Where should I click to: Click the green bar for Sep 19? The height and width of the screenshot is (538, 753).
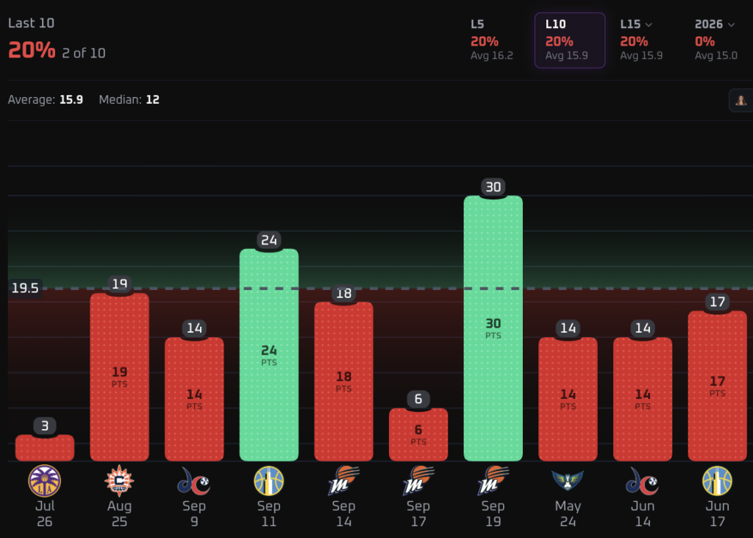coord(493,328)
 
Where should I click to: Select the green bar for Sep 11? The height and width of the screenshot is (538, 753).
coord(269,355)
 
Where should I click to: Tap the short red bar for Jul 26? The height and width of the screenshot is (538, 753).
coord(45,448)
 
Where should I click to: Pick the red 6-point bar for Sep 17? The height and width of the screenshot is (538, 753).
coord(418,435)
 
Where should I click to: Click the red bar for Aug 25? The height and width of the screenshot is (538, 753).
coord(120,377)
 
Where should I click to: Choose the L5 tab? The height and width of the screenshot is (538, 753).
coord(492,40)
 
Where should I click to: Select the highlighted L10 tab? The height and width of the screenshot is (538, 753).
coord(570,40)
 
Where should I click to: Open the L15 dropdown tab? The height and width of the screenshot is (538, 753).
coord(641,40)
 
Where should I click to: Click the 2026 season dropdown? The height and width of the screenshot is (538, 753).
coord(715,40)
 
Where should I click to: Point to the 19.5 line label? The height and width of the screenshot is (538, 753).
coord(25,288)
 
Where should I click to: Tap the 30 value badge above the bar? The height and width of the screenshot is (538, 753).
coord(493,187)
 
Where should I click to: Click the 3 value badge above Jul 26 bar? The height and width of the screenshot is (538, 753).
coord(45,426)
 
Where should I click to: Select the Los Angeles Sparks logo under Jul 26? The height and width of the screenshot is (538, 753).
coord(45,481)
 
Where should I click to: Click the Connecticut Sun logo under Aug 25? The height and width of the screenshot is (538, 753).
coord(119,481)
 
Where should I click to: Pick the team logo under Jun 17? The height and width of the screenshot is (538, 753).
coord(718,481)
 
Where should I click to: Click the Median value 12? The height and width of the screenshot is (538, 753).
coord(153,99)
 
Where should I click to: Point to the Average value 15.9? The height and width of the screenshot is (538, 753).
coord(71,99)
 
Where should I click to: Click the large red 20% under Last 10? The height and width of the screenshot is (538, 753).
coord(32,50)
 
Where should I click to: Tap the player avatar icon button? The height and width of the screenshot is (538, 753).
coord(741,100)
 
